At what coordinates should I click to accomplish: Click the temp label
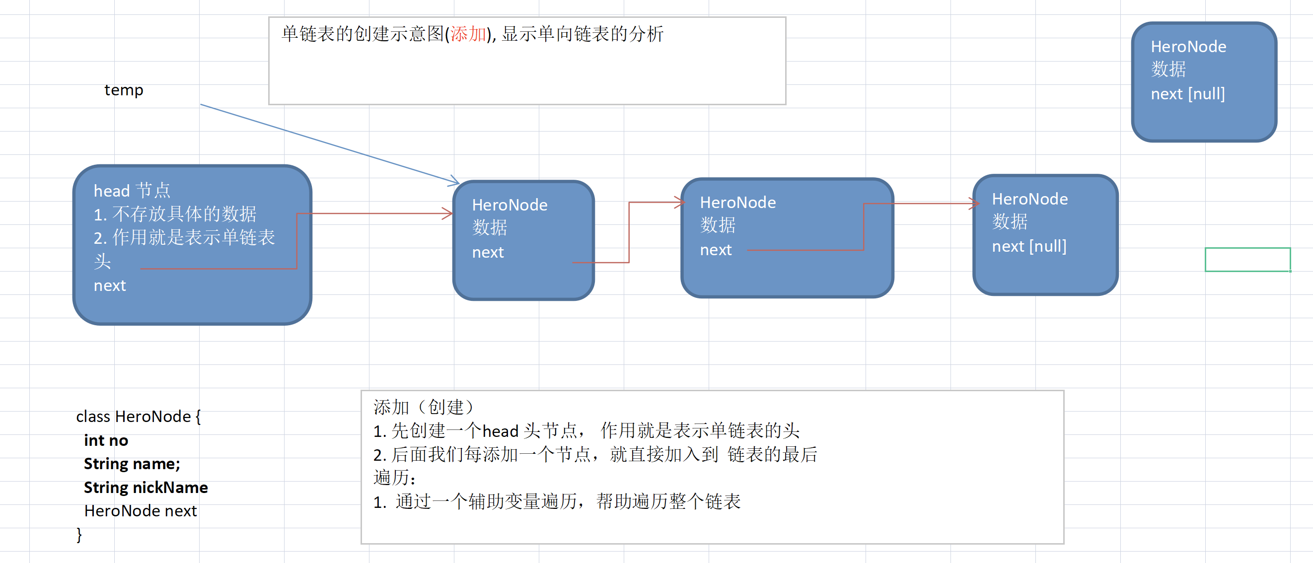124,90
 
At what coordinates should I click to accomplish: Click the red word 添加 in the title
468,34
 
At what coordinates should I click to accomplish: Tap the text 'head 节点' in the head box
132,191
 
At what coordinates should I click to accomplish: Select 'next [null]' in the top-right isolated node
1188,94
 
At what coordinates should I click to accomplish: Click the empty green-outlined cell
1247,259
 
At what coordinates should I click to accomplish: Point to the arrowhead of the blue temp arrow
456,182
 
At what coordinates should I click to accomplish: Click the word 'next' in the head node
110,285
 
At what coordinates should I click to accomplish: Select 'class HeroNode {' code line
138,416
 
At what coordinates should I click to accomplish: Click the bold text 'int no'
106,440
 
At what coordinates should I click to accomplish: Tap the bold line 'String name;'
132,464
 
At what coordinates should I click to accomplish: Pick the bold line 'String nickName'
146,488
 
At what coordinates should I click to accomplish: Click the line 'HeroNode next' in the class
140,510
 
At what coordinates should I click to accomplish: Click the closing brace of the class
79,534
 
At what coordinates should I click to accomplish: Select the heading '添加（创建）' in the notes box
424,407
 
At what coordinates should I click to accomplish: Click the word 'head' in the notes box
500,431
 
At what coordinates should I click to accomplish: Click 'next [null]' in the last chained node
1028,246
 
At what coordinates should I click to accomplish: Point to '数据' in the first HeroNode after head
489,227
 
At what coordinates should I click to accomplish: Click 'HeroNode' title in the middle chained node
737,202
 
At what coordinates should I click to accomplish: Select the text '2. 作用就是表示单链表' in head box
184,237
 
